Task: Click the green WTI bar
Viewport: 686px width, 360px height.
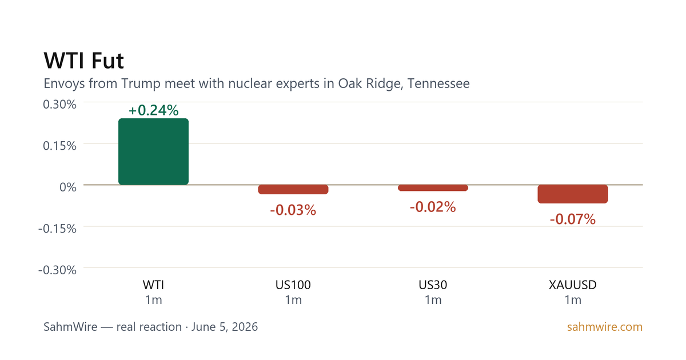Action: click(153, 151)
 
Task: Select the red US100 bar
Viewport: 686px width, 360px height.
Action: click(293, 190)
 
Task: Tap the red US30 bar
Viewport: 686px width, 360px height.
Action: click(433, 188)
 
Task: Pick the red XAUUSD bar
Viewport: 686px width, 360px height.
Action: click(573, 194)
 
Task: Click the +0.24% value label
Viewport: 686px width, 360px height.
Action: click(153, 110)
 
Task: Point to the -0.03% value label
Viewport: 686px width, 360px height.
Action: click(293, 210)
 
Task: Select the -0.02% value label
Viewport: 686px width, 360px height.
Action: click(433, 207)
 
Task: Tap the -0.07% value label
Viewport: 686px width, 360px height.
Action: click(573, 219)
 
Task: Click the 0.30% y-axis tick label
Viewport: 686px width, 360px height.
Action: click(59, 105)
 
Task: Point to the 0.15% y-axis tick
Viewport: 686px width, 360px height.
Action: click(59, 146)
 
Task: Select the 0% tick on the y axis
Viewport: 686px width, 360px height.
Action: click(68, 187)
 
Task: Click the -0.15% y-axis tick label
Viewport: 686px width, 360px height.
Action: click(57, 229)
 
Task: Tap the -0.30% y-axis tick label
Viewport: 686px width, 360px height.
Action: click(57, 270)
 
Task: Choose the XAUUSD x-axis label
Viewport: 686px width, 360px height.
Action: click(573, 285)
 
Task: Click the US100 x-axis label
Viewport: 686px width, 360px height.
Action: click(293, 285)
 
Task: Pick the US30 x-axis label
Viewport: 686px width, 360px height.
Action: click(433, 285)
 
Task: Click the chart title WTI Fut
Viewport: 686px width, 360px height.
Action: click(83, 61)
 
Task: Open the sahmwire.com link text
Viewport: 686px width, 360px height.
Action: click(605, 327)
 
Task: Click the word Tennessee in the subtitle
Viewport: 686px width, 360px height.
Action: click(438, 83)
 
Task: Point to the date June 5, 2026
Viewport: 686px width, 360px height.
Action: click(225, 327)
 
